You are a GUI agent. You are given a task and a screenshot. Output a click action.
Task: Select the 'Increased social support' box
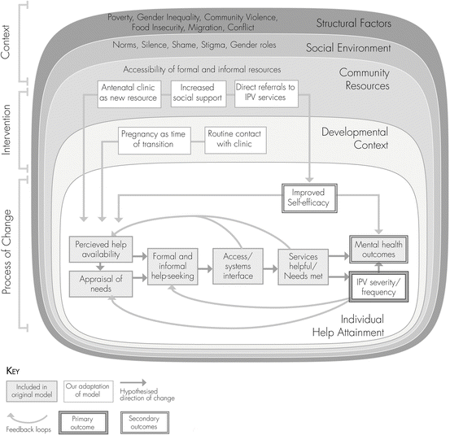coord(199,94)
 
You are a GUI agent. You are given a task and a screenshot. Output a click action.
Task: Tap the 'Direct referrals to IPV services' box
coord(265,94)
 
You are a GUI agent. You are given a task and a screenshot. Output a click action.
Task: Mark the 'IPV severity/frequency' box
coord(378,286)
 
